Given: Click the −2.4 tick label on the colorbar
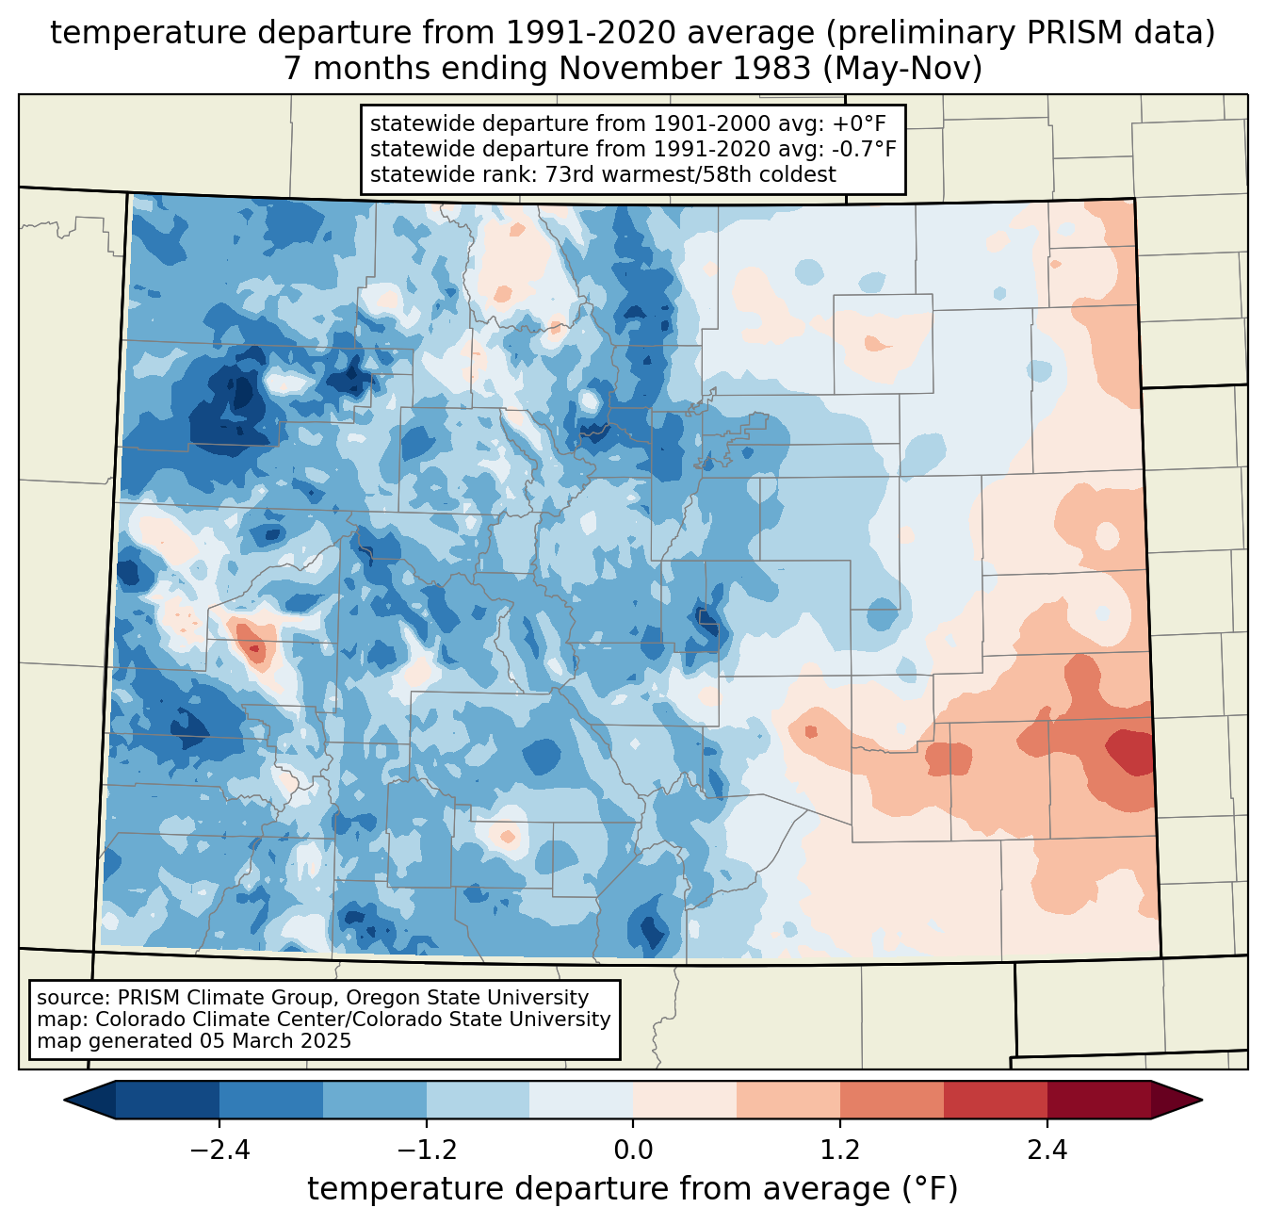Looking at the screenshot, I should [219, 1151].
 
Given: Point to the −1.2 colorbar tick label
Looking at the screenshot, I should [426, 1151].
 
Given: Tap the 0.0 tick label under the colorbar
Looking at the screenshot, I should [633, 1151].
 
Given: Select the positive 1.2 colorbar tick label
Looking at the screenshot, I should [840, 1151].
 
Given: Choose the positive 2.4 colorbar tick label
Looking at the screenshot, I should [1047, 1151].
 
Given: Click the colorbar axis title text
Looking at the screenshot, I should [632, 1189].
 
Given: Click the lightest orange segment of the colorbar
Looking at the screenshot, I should [685, 1100].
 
